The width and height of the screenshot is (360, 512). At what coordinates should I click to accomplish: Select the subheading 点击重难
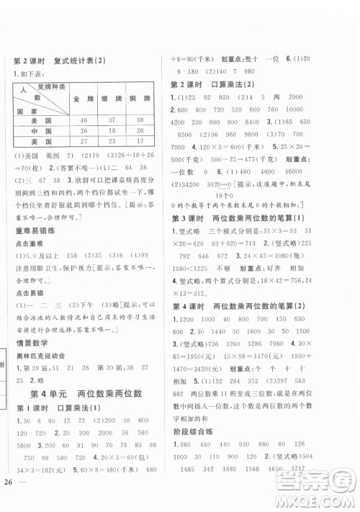[x=27, y=241]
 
